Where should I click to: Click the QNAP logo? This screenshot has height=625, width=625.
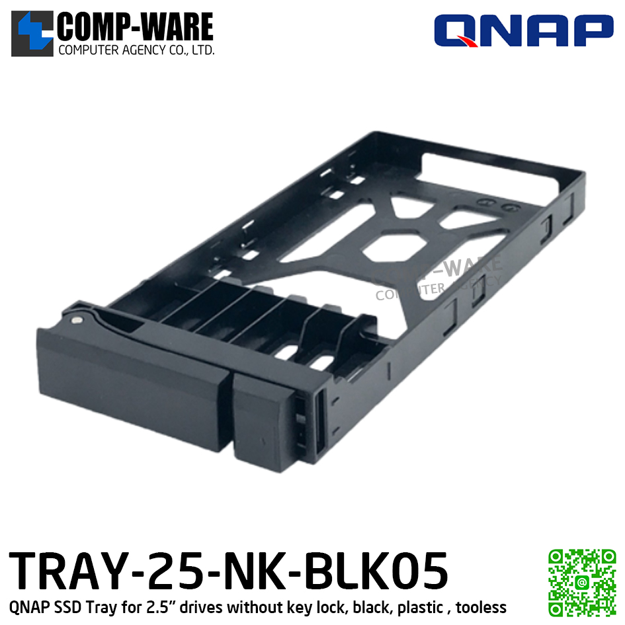pyautogui.click(x=523, y=30)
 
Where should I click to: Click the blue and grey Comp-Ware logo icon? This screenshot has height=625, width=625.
pyautogui.click(x=32, y=34)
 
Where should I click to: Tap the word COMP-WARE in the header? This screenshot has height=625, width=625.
pyautogui.click(x=136, y=26)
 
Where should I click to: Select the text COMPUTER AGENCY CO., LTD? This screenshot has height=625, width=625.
pyautogui.click(x=136, y=50)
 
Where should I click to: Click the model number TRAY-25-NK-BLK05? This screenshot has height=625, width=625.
pyautogui.click(x=228, y=571)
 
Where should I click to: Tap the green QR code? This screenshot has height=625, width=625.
pyautogui.click(x=583, y=583)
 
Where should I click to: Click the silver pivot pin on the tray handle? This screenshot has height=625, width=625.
pyautogui.click(x=77, y=319)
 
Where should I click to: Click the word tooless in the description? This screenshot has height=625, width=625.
pyautogui.click(x=481, y=607)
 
